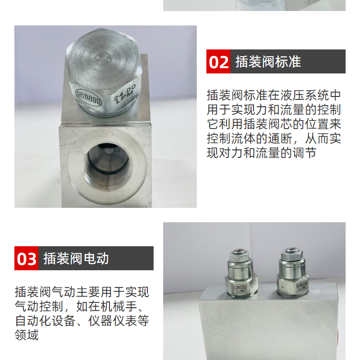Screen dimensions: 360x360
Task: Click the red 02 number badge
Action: pyautogui.click(x=218, y=61)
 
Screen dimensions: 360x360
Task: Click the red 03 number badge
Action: pyautogui.click(x=26, y=258)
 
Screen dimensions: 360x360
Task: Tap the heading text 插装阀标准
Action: pyautogui.click(x=268, y=61)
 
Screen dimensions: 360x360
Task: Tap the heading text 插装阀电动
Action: pyautogui.click(x=76, y=258)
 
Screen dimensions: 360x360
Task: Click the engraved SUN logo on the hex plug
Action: pyautogui.click(x=89, y=97)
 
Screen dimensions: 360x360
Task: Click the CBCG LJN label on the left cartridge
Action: pyautogui.click(x=240, y=289)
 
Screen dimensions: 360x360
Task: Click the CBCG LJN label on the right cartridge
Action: pyautogui.click(x=301, y=287)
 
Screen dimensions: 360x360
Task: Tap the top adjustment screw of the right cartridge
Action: pyautogui.click(x=291, y=251)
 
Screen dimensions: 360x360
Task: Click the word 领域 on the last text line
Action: pyautogui.click(x=26, y=335)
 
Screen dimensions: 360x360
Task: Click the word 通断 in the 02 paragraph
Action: pyautogui.click(x=280, y=138)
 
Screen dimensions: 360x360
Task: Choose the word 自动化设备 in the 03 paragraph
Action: pyautogui.click(x=45, y=321)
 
